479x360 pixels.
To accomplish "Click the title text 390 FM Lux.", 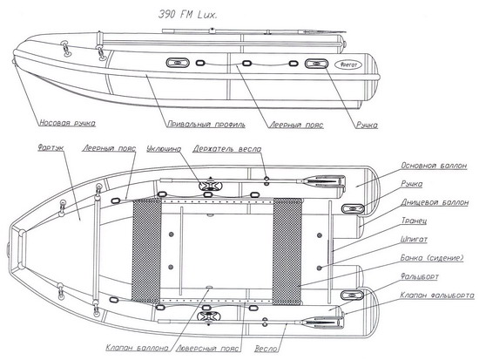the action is pos(187,14).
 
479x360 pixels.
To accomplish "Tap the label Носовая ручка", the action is pos(68,123).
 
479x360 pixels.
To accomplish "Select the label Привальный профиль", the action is pos(206,124).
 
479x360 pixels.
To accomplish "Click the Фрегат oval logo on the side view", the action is pos(348,65).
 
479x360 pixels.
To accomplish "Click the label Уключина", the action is pos(164,149).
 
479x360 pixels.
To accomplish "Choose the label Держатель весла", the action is pos(227,149).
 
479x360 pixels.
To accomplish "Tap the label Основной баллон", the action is pos(434,166).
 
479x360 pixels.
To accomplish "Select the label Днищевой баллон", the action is pos(435,202).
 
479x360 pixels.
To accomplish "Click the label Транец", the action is pos(414,221).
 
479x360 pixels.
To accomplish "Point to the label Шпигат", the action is pos(414,239).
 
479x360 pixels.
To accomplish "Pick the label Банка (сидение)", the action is pos(432,258).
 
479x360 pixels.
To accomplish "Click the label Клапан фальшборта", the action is pos(437,295).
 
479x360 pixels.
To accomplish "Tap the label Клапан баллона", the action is pos(137,348).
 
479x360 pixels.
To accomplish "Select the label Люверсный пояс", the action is pos(209,348).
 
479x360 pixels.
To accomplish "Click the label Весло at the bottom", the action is pos(266,349).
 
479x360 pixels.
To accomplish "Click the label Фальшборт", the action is pos(420,276).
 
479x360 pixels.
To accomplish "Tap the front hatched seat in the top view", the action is pos(146,249).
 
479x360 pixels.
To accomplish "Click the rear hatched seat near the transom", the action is pos(287,251).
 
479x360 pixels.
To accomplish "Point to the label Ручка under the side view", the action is pos(367,125).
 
